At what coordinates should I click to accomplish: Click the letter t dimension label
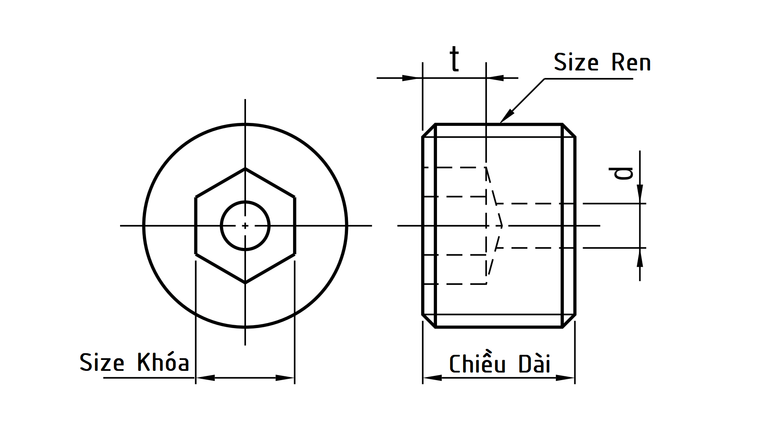[x=454, y=60]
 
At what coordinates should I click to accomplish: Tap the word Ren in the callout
[x=631, y=63]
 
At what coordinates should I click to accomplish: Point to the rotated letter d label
[x=621, y=173]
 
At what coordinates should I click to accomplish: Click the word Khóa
[x=163, y=362]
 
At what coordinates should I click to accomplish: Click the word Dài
[x=534, y=364]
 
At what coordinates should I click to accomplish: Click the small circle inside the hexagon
[x=245, y=226]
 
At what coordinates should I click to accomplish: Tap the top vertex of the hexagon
[x=245, y=169]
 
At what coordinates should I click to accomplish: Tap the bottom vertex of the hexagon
[x=245, y=283]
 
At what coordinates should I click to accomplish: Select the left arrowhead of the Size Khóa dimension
[x=205, y=378]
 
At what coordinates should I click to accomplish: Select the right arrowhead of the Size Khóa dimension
[x=285, y=378]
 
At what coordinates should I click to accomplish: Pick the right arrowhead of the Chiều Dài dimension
[x=565, y=378]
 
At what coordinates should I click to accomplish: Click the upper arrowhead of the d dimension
[x=640, y=195]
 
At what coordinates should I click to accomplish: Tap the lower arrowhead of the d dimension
[x=640, y=257]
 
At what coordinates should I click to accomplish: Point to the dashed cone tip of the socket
[x=503, y=226]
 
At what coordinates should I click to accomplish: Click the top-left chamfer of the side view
[x=429, y=130]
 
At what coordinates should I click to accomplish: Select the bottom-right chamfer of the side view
[x=569, y=321]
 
